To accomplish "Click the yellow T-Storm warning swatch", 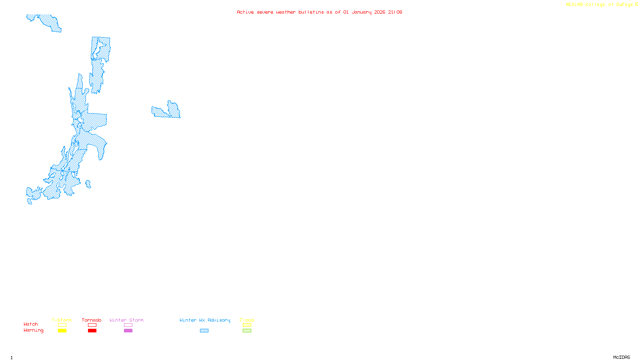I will click(x=62, y=331).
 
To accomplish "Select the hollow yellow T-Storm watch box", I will click(x=62, y=325).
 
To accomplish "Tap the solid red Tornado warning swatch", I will click(x=92, y=331).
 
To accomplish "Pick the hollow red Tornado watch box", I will click(x=92, y=325).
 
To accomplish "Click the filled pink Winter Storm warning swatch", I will click(x=128, y=331).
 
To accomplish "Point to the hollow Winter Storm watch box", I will click(x=128, y=325).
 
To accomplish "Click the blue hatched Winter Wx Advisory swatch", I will click(x=204, y=331).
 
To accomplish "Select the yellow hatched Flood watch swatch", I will click(x=247, y=325).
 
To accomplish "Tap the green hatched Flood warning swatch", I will click(x=247, y=331).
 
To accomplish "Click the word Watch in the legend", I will click(x=31, y=324).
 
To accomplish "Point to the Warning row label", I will click(x=33, y=330).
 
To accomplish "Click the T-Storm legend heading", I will click(x=62, y=320).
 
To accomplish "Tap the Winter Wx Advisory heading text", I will click(x=205, y=320).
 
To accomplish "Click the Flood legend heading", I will click(x=247, y=320).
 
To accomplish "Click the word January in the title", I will click(x=362, y=12).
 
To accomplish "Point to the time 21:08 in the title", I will click(x=395, y=12).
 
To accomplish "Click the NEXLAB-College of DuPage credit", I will click(x=600, y=5).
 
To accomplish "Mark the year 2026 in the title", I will click(x=380, y=12).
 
